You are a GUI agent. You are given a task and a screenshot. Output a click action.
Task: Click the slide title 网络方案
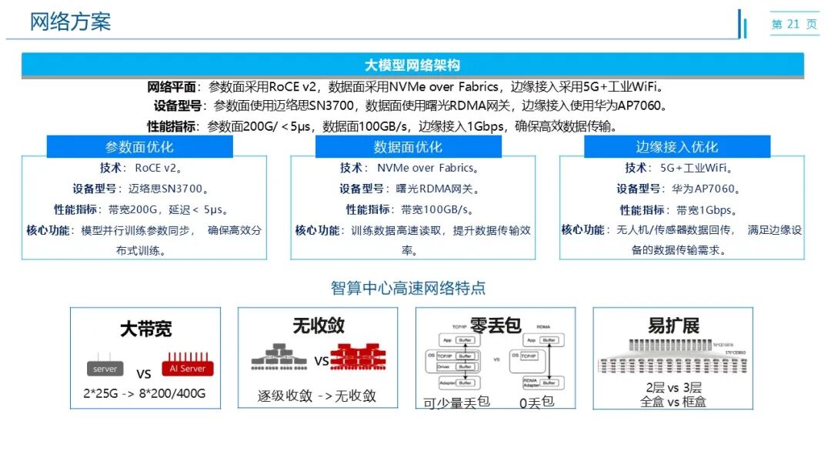(70, 22)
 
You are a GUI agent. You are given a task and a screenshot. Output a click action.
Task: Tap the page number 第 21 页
(794, 25)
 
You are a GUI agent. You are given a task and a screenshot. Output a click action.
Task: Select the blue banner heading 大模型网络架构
(412, 65)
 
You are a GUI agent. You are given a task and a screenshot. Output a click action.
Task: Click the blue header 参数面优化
(139, 147)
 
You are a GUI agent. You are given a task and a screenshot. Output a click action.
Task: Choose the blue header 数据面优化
(408, 147)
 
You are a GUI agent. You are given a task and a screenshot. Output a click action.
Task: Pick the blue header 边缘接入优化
(676, 147)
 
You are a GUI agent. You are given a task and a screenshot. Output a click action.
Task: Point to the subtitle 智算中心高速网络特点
(408, 289)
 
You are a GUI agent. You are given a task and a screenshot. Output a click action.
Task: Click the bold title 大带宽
(145, 329)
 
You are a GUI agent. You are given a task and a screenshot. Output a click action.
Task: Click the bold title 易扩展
(673, 326)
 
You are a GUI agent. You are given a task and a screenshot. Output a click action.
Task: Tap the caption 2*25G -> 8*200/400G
(145, 394)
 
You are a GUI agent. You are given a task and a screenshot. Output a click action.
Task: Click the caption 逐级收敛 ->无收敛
(317, 396)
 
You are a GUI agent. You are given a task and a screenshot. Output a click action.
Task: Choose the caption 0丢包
(536, 401)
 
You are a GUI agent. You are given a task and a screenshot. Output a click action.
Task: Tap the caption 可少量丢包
(456, 402)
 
